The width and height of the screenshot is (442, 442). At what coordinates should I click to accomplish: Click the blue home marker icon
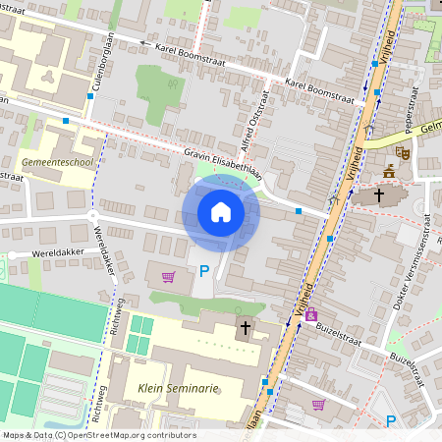pos(220,212)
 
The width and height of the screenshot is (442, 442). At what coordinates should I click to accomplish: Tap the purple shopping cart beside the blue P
pos(168,277)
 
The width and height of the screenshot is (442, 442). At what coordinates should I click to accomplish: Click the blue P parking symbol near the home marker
pos(204,271)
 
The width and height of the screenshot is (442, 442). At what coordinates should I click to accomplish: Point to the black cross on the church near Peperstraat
pos(378,194)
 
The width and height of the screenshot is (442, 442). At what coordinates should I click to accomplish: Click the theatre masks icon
pos(403,153)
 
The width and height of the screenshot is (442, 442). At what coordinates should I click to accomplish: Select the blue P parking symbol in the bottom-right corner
pos(391,421)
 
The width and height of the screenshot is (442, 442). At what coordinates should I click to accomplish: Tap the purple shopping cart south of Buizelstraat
pos(318,404)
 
